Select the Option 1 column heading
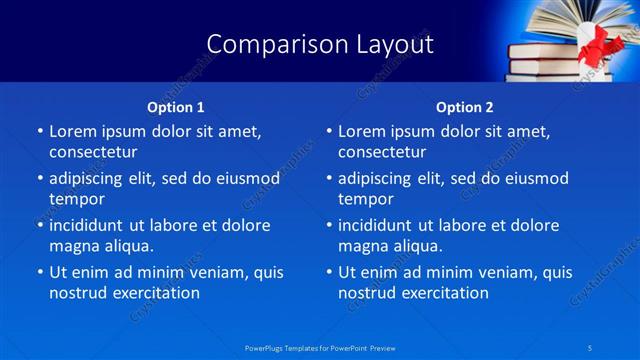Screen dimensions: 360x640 176,106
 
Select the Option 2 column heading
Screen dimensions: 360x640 465,106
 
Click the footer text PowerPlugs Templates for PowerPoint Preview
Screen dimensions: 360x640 320,347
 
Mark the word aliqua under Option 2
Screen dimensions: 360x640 413,245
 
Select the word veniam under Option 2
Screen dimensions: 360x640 490,272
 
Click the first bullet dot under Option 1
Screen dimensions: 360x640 39,132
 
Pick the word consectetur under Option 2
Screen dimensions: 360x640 382,152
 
